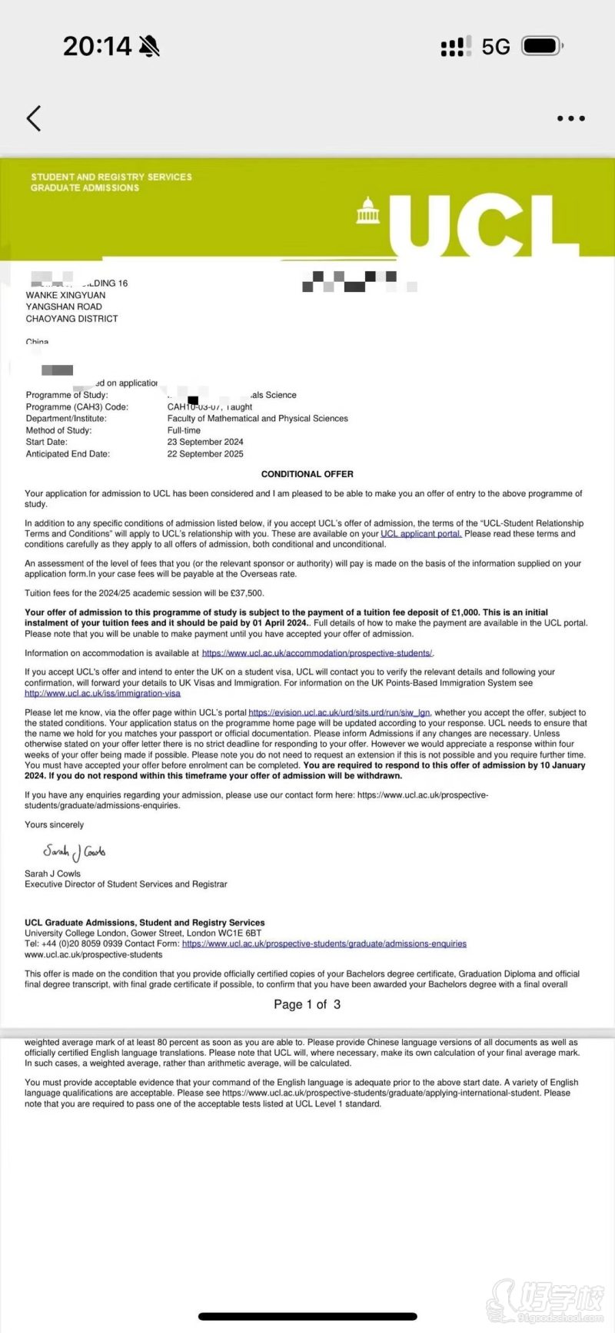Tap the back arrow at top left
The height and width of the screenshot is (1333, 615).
33,118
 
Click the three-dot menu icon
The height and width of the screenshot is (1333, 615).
570,118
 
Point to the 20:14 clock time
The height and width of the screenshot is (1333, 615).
98,47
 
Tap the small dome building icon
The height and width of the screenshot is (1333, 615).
368,211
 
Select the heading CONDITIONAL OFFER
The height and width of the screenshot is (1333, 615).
307,474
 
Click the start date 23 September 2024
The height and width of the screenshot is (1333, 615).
205,442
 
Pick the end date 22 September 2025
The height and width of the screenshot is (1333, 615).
205,454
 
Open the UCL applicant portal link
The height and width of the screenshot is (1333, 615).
421,534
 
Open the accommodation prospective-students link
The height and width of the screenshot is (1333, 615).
317,653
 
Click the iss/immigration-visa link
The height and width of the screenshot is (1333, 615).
102,693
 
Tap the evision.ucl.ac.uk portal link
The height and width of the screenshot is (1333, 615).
339,713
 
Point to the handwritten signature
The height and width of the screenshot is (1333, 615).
74,852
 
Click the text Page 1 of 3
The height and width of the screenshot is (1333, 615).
307,1004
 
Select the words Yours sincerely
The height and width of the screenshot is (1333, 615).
54,824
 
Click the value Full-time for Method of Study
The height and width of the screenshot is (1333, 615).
184,430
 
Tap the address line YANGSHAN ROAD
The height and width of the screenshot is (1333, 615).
64,307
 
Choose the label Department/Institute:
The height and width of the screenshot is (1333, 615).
66,419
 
